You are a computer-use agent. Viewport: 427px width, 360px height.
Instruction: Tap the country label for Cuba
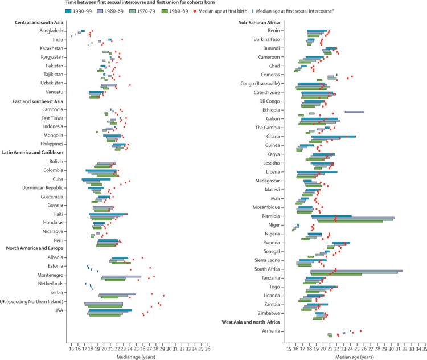[58, 179]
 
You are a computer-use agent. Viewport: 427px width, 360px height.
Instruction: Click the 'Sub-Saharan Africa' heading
[258, 22]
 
